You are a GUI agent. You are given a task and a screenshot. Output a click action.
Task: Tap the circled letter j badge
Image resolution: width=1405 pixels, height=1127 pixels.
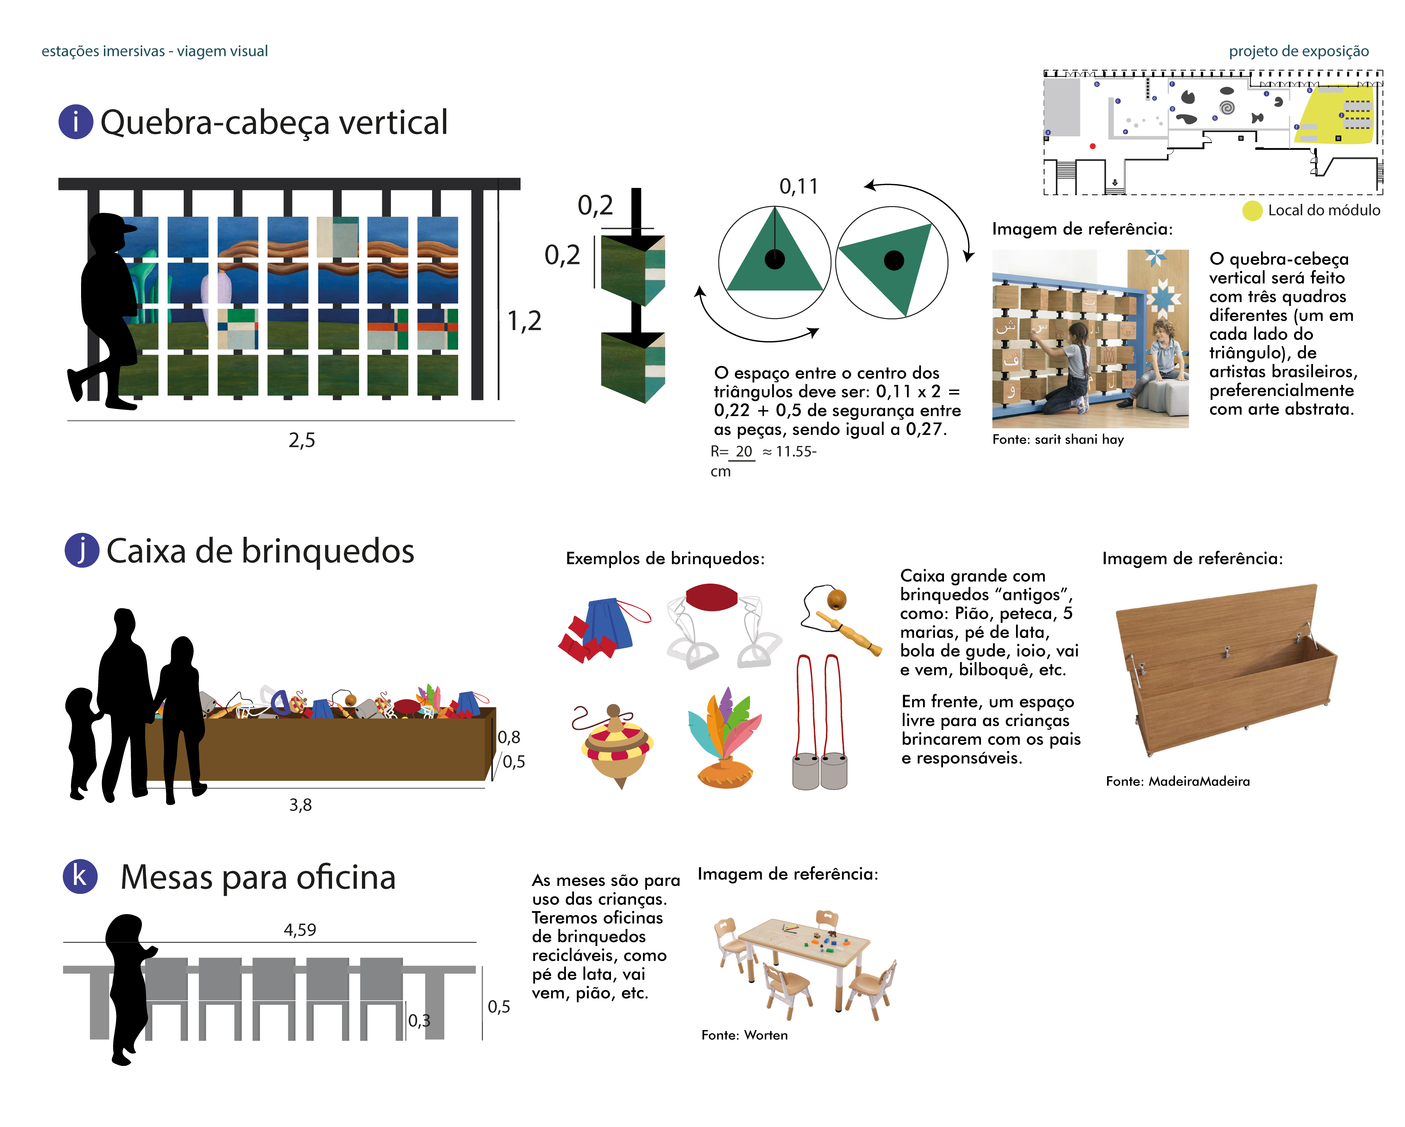(81, 550)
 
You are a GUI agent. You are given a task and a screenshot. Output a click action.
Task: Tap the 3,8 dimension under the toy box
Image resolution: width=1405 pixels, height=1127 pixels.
(300, 805)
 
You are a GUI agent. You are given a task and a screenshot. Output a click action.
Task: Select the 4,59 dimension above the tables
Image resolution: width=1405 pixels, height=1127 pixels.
(300, 930)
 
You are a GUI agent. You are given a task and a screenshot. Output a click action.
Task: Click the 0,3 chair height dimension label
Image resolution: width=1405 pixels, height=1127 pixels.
(419, 1020)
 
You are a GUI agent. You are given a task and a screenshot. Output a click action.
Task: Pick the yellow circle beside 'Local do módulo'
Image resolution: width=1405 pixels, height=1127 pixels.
(1252, 210)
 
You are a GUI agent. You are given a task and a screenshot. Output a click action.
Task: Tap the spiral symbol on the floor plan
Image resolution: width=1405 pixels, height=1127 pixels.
(1227, 107)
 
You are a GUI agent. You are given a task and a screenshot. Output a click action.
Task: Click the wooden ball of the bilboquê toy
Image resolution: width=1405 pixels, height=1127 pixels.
(837, 598)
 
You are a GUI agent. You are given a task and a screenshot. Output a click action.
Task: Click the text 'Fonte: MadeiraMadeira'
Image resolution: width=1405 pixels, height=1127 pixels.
(1178, 781)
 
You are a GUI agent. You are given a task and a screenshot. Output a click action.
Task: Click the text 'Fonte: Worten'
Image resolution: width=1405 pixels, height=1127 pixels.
(744, 1035)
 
